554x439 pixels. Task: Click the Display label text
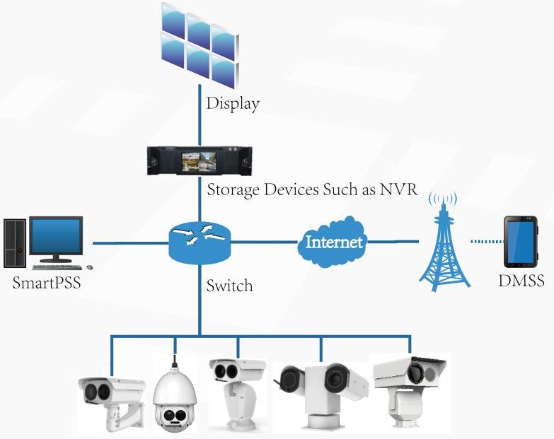[x=233, y=104]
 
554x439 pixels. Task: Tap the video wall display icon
[x=200, y=45]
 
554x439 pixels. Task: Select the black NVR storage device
[x=200, y=160]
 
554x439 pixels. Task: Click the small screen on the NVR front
[x=198, y=162]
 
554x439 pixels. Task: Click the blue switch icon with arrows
[x=200, y=242]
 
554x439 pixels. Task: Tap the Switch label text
[x=230, y=286]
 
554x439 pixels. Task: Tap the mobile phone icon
[x=521, y=242]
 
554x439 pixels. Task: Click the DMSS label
[x=521, y=281]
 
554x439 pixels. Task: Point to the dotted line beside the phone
[x=487, y=242]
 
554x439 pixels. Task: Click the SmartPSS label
[x=47, y=283]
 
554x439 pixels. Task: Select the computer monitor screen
[x=56, y=235]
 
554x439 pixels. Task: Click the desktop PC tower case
[x=14, y=242]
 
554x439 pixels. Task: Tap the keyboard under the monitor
[x=57, y=267]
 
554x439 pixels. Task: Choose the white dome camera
[x=173, y=394]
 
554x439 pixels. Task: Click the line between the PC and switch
[x=131, y=242]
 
